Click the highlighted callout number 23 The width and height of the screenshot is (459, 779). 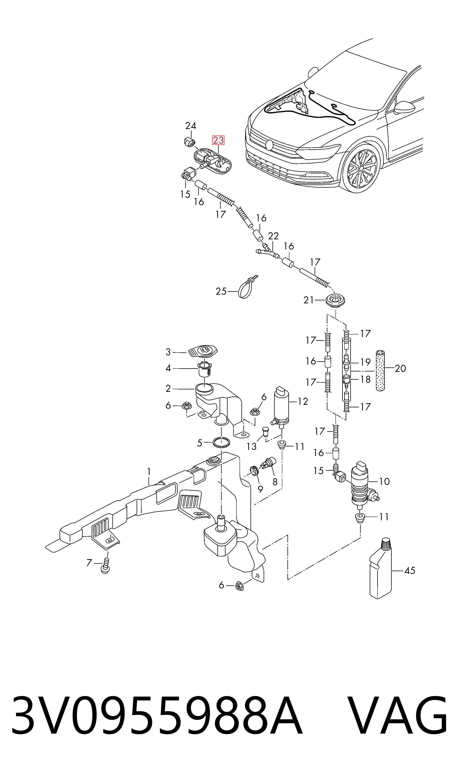pos(218,140)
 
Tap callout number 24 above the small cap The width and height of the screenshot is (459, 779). pos(191,126)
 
